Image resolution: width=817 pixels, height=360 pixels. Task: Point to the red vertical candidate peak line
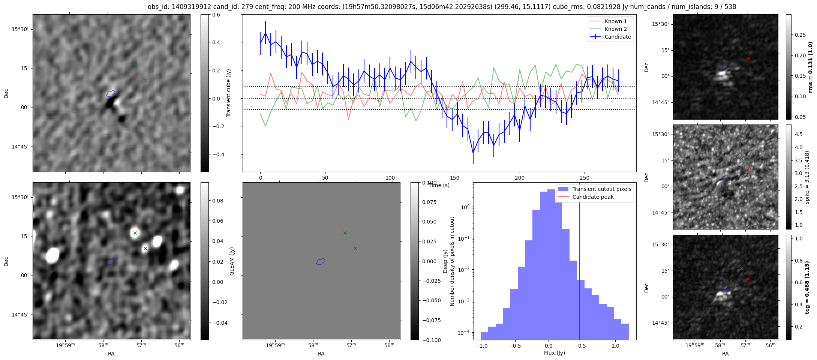tap(580, 261)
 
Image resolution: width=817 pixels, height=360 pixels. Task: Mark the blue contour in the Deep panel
tap(321, 261)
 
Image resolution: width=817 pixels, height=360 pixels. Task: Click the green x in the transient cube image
tap(135, 65)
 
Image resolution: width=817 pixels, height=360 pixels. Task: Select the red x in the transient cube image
tap(145, 80)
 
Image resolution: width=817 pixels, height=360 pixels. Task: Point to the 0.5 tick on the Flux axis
tap(582, 346)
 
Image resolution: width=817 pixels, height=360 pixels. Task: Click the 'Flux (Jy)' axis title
tap(555, 353)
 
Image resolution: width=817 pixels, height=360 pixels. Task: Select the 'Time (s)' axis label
tap(439, 185)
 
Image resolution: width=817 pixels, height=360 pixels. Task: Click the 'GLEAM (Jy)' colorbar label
tap(232, 261)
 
